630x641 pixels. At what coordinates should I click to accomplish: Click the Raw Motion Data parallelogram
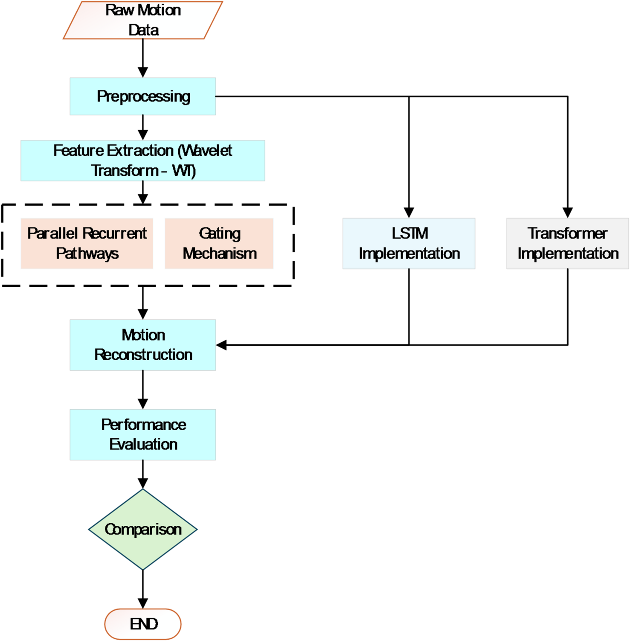tap(143, 20)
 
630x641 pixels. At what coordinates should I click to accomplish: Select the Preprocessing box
tap(143, 96)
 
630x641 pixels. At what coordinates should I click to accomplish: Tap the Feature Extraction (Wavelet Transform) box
tap(143, 160)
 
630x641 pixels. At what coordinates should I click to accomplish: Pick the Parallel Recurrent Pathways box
tap(87, 243)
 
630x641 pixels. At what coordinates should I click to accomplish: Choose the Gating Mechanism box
tap(219, 243)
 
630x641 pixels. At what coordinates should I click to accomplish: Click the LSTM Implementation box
tap(409, 243)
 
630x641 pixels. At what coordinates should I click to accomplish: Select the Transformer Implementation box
tap(567, 243)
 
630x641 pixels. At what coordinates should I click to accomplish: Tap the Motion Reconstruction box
tap(143, 345)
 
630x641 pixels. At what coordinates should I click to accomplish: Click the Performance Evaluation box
tap(143, 434)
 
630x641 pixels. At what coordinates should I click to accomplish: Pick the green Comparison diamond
tap(143, 529)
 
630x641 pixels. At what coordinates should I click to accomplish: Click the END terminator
tap(143, 624)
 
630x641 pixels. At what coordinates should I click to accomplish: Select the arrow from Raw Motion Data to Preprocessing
tap(143, 58)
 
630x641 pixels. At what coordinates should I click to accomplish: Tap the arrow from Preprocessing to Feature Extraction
tap(143, 127)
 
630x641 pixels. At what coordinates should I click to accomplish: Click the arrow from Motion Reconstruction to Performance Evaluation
tap(143, 389)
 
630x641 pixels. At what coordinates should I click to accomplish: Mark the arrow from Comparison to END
tap(143, 589)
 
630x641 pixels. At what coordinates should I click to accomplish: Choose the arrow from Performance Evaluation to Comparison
tap(143, 474)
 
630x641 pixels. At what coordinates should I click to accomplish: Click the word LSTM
tap(409, 233)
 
